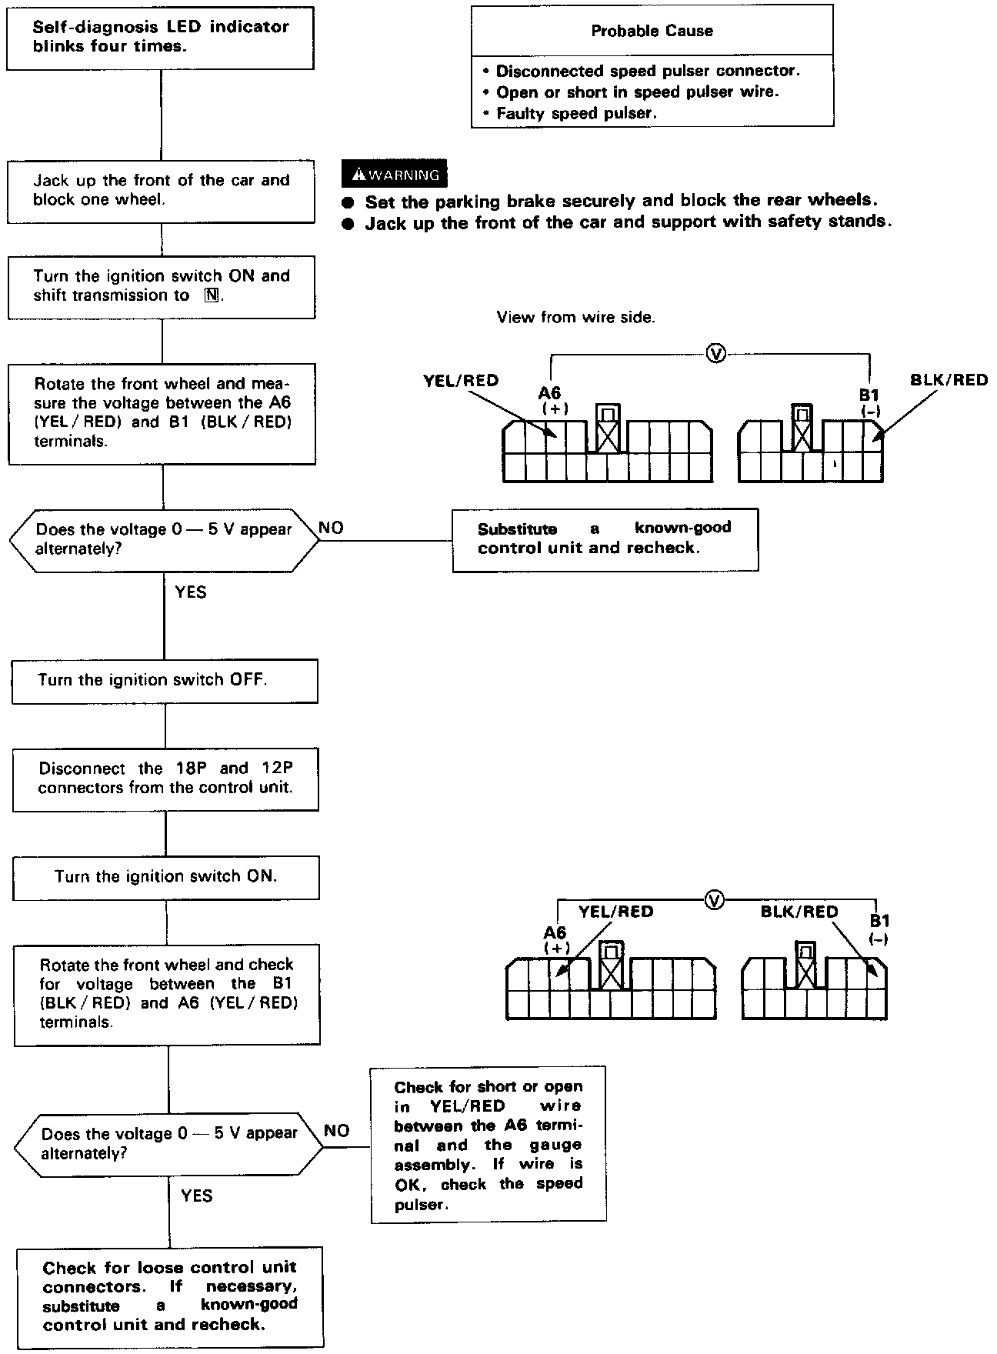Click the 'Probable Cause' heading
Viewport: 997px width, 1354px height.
point(652,31)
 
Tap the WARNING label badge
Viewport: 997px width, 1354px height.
point(394,175)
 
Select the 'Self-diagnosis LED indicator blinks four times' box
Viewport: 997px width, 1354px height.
point(161,36)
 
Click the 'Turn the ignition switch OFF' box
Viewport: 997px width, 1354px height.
point(165,680)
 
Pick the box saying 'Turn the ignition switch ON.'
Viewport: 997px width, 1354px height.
point(166,876)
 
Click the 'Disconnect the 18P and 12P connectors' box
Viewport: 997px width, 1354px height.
point(165,778)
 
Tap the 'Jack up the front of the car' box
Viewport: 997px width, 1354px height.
point(161,190)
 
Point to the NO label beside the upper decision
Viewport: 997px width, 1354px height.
point(331,528)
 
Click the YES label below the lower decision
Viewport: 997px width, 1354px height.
point(197,1196)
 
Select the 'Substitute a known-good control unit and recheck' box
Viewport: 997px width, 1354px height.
point(605,539)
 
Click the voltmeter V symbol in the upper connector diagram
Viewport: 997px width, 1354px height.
point(715,354)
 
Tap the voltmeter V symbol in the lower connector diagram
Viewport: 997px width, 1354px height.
point(715,899)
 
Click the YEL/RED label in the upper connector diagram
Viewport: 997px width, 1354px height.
point(461,380)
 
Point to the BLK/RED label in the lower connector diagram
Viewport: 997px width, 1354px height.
point(799,912)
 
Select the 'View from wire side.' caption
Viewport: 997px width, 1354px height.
point(575,317)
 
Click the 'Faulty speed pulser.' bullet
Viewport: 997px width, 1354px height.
point(576,113)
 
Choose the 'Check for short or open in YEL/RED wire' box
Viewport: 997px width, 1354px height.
point(488,1144)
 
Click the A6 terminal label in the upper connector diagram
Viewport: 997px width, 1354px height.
point(551,395)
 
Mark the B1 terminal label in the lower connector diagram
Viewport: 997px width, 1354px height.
point(880,921)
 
